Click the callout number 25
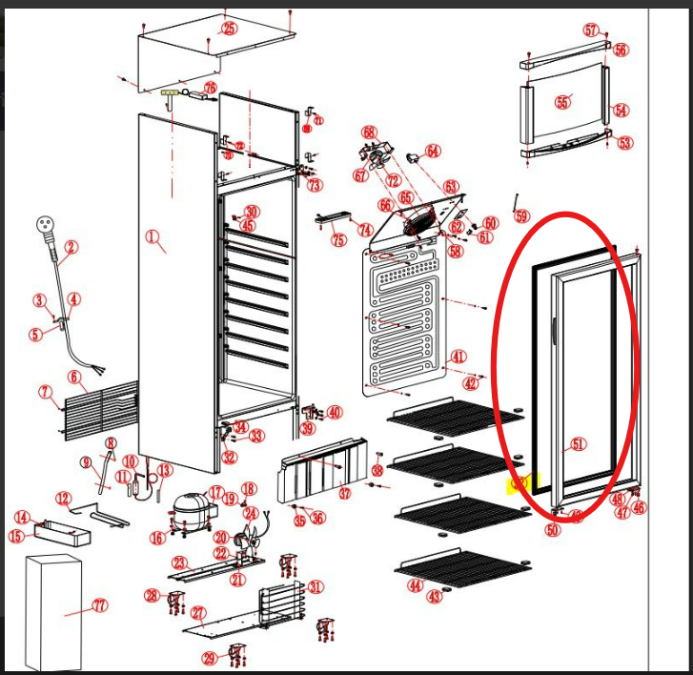(229, 29)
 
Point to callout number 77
(100, 605)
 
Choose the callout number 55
(563, 102)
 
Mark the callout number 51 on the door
(579, 443)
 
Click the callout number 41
(459, 358)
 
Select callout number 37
(344, 494)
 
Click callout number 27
(198, 613)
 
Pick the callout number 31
(316, 587)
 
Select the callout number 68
(369, 132)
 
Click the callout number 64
(433, 151)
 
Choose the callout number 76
(210, 88)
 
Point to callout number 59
(521, 216)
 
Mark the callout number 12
(63, 499)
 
